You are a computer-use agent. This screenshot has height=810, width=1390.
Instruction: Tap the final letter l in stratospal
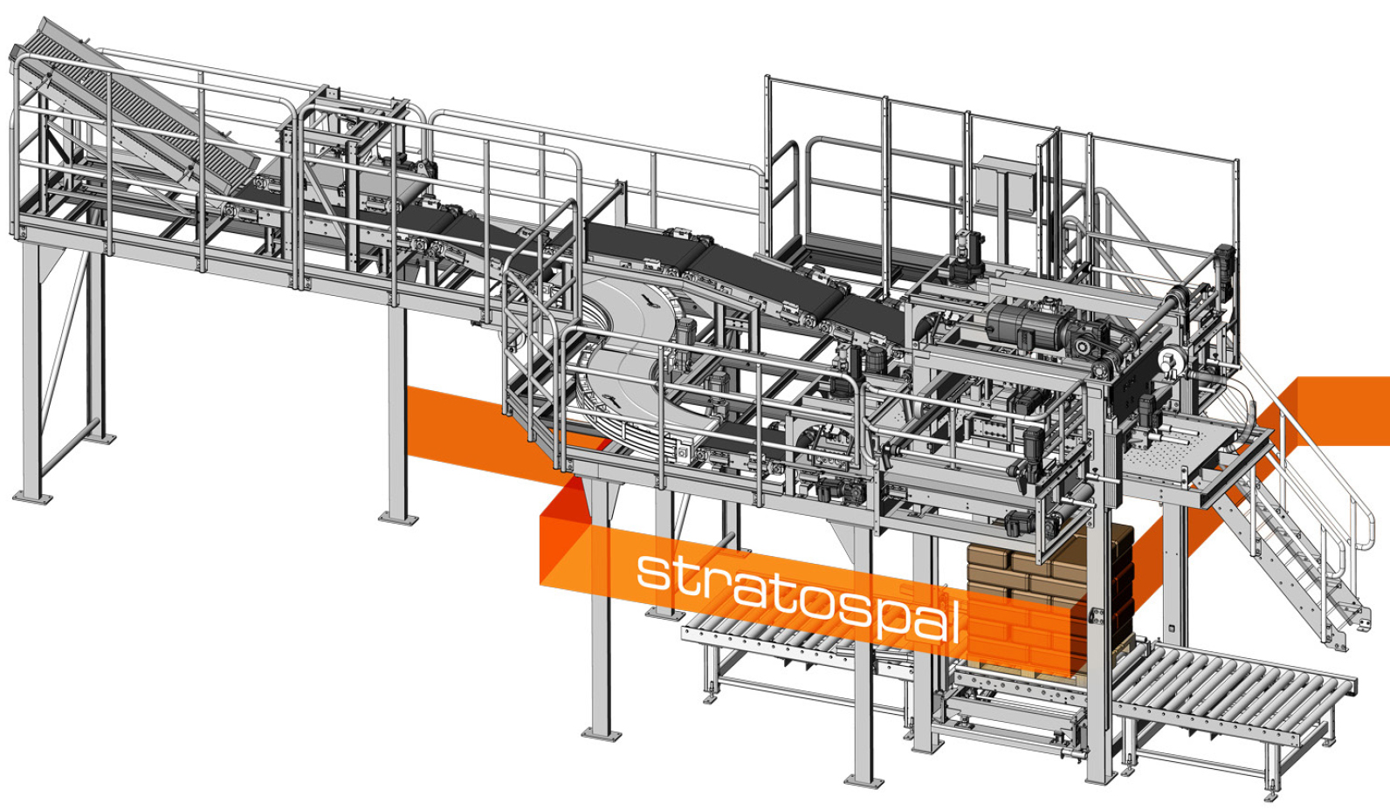click(x=954, y=621)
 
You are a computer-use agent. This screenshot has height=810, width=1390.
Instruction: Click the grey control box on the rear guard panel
click(x=1004, y=184)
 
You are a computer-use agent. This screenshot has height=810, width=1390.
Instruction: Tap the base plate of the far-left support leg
click(x=32, y=498)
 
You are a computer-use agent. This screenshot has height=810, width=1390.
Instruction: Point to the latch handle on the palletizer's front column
click(x=1097, y=616)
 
